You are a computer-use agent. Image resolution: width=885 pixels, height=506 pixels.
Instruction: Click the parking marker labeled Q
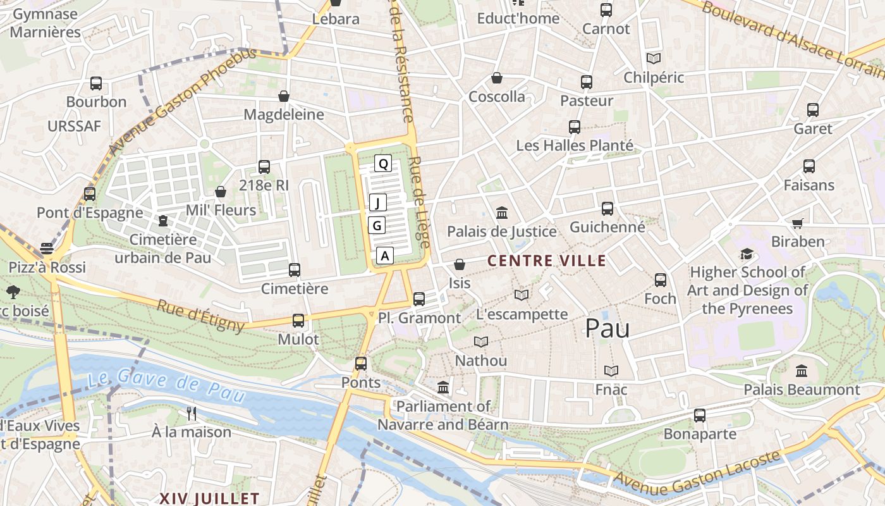[x=382, y=164]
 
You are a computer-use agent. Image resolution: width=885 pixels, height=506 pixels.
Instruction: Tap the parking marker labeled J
[x=377, y=203]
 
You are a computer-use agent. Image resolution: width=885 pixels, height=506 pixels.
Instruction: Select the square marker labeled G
[x=377, y=225]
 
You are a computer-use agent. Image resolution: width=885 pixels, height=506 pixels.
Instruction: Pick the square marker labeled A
[x=385, y=256]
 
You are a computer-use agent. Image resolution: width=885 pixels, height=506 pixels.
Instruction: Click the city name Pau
[x=607, y=328]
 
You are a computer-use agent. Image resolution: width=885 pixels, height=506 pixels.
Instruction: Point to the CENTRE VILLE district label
[x=547, y=261]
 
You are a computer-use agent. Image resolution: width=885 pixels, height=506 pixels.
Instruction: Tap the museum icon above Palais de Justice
[x=502, y=213]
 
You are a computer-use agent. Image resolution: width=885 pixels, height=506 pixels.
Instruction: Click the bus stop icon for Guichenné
[x=607, y=208]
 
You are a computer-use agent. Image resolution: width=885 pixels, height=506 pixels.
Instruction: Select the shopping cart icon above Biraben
[x=797, y=223]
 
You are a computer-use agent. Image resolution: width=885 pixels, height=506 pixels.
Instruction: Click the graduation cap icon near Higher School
[x=747, y=254]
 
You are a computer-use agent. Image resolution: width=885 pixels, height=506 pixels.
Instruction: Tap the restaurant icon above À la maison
[x=192, y=414]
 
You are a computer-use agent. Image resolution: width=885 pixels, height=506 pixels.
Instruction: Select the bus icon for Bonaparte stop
[x=699, y=415]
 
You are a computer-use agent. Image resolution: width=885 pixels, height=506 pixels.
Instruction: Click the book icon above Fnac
[x=611, y=371]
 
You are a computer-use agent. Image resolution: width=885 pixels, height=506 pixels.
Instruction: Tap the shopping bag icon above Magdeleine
[x=284, y=96]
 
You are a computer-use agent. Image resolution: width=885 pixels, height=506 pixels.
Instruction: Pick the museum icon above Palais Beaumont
[x=802, y=371]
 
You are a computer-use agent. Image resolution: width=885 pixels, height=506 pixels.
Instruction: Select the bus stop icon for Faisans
[x=809, y=166]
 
